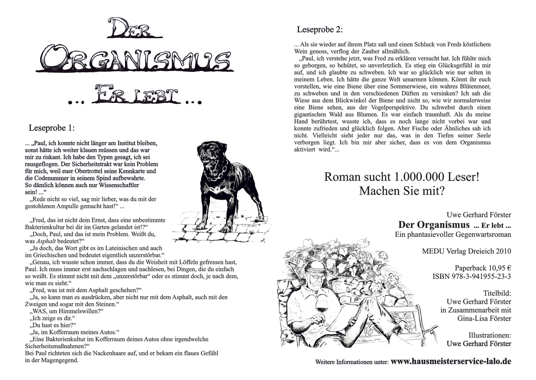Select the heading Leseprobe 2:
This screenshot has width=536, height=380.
(320, 30)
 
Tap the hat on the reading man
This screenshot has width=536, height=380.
(315, 267)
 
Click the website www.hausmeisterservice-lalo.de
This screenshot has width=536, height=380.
(451, 362)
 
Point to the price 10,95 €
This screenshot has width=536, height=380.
(497, 268)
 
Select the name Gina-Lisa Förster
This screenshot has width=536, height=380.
(484, 318)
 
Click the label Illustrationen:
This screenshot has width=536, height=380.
(490, 335)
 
